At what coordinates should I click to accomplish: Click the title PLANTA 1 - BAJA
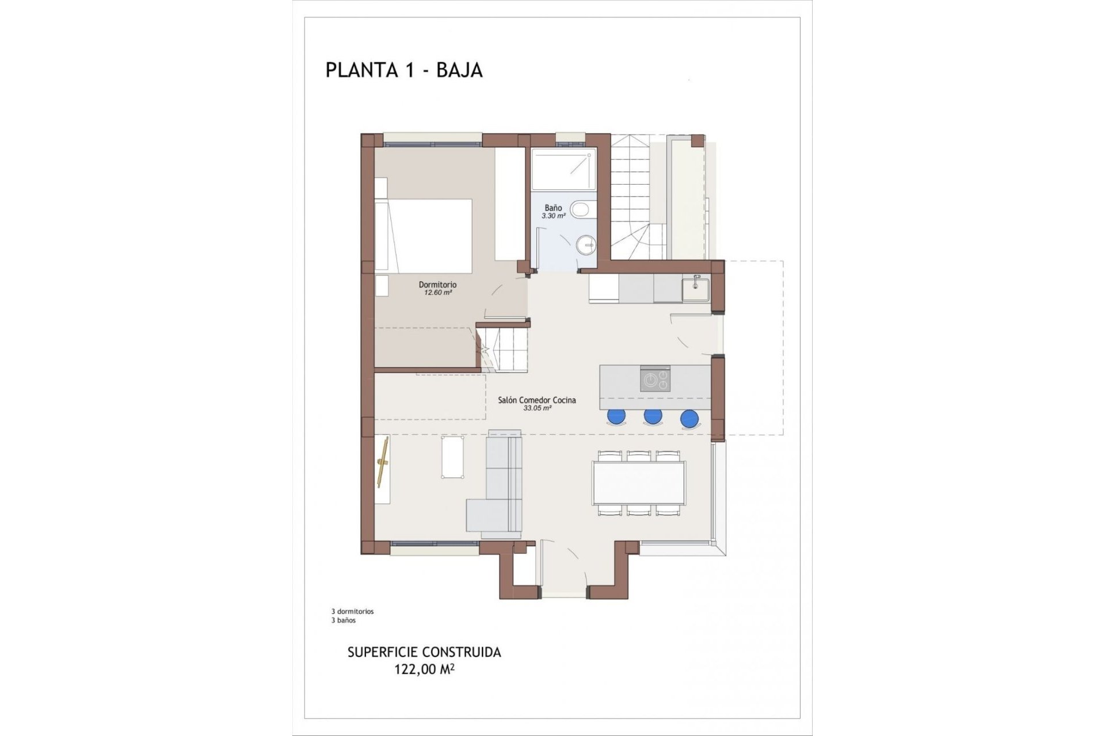point(403,70)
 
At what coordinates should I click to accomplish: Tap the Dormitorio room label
point(437,285)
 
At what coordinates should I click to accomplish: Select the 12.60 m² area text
point(437,293)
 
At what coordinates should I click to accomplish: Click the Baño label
point(553,208)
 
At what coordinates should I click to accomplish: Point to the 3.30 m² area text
point(553,216)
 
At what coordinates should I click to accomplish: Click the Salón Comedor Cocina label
point(536,400)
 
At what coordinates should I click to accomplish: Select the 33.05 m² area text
point(537,408)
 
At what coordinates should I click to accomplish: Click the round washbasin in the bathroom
point(586,244)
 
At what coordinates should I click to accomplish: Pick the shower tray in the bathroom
point(563,169)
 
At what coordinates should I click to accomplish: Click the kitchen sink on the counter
point(696,289)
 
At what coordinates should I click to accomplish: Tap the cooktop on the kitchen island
point(655,379)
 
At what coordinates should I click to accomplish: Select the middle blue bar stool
point(653,416)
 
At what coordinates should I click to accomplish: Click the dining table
point(639,482)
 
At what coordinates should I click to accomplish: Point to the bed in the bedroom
point(424,235)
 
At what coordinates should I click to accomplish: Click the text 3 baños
point(343,620)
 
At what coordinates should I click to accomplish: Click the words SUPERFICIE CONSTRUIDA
point(424,653)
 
